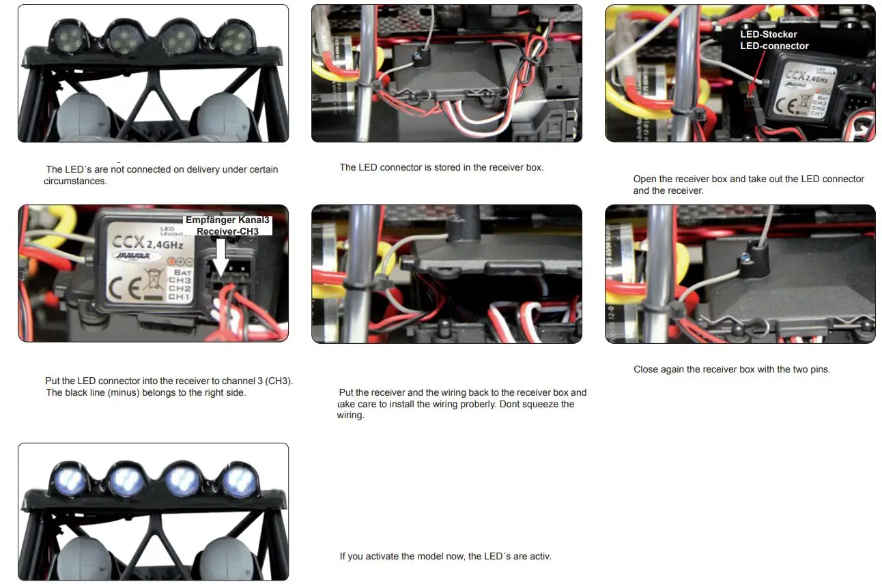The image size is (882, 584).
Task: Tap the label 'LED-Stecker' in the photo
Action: (768, 34)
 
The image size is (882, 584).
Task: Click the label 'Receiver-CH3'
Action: (227, 231)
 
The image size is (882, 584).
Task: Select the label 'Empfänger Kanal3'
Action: (228, 220)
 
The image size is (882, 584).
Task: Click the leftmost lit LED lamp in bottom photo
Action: (70, 482)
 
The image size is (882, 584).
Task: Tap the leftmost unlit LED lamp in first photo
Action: (68, 38)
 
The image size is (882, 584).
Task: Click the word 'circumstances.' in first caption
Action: (75, 181)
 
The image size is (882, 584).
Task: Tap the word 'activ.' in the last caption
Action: (538, 556)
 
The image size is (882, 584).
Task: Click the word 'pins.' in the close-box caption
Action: (818, 369)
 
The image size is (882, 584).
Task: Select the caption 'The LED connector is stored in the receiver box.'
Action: (441, 167)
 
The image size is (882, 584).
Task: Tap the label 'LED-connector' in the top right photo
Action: (774, 46)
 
